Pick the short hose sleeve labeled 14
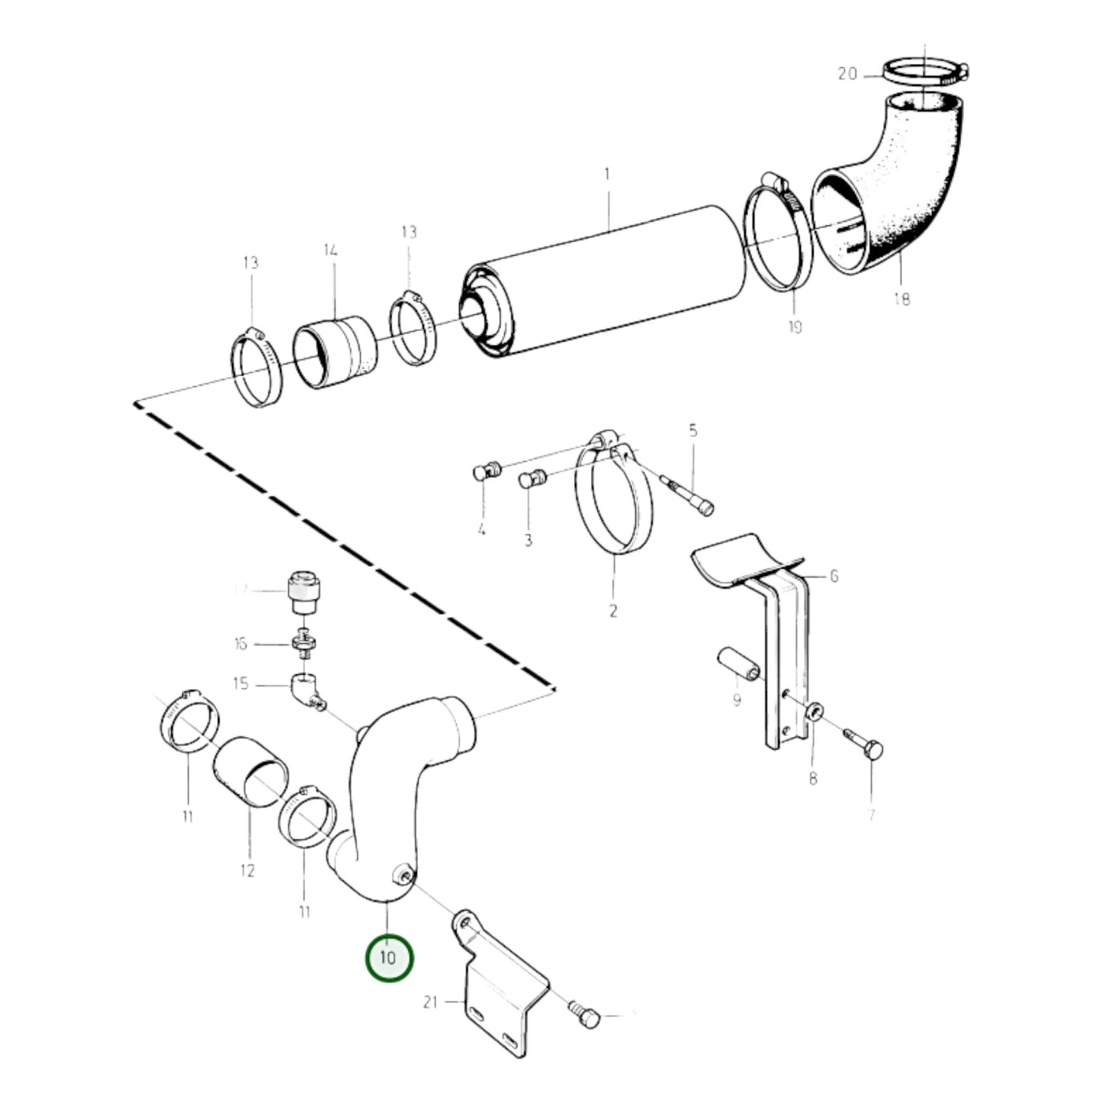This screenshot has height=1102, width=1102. (336, 355)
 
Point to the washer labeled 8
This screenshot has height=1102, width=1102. (814, 712)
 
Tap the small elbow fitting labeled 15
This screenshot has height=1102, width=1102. (307, 689)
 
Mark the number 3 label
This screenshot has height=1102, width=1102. (528, 541)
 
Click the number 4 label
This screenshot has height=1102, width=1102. (481, 529)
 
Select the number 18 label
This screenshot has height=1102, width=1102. (901, 299)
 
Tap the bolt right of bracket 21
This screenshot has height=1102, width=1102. (586, 1014)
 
